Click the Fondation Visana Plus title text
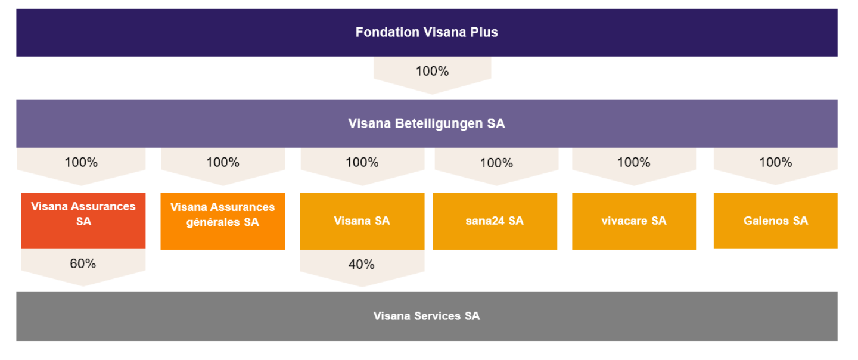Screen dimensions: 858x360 pyautogui.click(x=427, y=32)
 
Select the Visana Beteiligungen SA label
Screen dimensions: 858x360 pyautogui.click(x=427, y=123)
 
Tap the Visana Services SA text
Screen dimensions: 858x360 pyautogui.click(x=427, y=316)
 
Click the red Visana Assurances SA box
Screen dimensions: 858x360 pyautogui.click(x=83, y=220)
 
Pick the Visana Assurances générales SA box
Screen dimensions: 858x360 pyautogui.click(x=223, y=221)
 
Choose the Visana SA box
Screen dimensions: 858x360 pyautogui.click(x=362, y=221)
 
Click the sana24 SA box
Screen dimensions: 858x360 pyautogui.click(x=495, y=221)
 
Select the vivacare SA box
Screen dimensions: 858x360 pyautogui.click(x=634, y=221)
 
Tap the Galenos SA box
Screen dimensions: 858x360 pyautogui.click(x=776, y=220)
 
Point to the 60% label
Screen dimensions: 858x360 pyautogui.click(x=83, y=263)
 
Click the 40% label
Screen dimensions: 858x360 pyautogui.click(x=362, y=264)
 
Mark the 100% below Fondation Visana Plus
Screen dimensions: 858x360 pyautogui.click(x=433, y=72)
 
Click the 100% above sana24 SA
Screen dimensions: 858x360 pyautogui.click(x=496, y=163)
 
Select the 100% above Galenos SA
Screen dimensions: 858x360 pyautogui.click(x=776, y=162)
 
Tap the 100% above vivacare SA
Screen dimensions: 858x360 pyautogui.click(x=634, y=162)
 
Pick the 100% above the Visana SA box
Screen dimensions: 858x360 pyautogui.click(x=362, y=162)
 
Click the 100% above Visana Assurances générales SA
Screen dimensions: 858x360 pyautogui.click(x=223, y=162)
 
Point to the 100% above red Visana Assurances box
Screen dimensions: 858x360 pyautogui.click(x=81, y=162)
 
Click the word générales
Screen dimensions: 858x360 pyautogui.click(x=213, y=222)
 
